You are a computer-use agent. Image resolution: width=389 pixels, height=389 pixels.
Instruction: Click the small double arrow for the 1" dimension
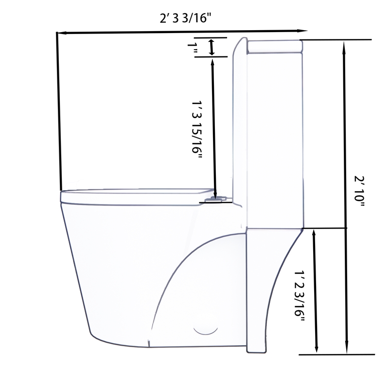tap(212, 47)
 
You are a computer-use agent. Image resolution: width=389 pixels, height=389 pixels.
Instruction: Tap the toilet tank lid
tap(275, 46)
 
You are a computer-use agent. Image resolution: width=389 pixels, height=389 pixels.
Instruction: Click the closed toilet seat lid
tap(136, 196)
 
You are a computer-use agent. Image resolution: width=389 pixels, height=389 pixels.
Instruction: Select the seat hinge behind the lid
tap(217, 198)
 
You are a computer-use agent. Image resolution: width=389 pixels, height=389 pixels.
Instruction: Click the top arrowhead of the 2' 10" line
tap(345, 45)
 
